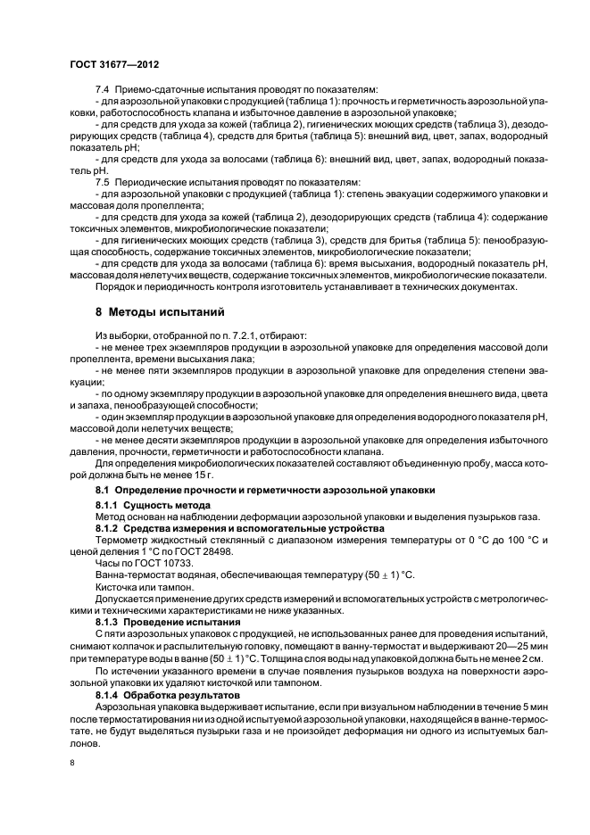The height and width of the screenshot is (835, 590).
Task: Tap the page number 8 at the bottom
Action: point(73,762)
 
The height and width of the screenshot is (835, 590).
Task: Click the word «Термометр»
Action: point(123,540)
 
